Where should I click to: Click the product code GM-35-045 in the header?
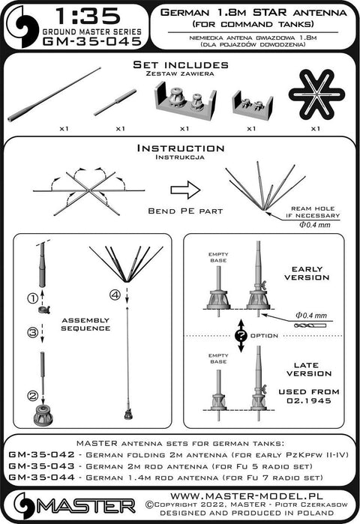tap(92, 41)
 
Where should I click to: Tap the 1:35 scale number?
tap(88, 16)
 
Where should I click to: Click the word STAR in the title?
tap(270, 12)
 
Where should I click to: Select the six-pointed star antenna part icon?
tap(316, 94)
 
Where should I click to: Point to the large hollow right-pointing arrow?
tap(185, 190)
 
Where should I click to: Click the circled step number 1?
tap(32, 298)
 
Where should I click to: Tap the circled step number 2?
tap(32, 396)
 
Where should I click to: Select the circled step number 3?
tap(32, 333)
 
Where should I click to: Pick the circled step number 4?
tap(115, 295)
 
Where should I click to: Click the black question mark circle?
tap(241, 336)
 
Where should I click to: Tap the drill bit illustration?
tap(310, 325)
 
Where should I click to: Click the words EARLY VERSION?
tap(307, 274)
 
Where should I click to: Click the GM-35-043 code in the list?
tap(41, 466)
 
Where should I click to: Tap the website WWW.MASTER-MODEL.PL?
tap(247, 496)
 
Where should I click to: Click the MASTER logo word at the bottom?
tap(86, 506)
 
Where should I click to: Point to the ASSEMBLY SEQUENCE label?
tap(85, 324)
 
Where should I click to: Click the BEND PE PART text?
tap(185, 211)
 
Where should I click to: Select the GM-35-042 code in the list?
tap(41, 454)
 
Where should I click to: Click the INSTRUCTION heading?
tap(181, 148)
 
